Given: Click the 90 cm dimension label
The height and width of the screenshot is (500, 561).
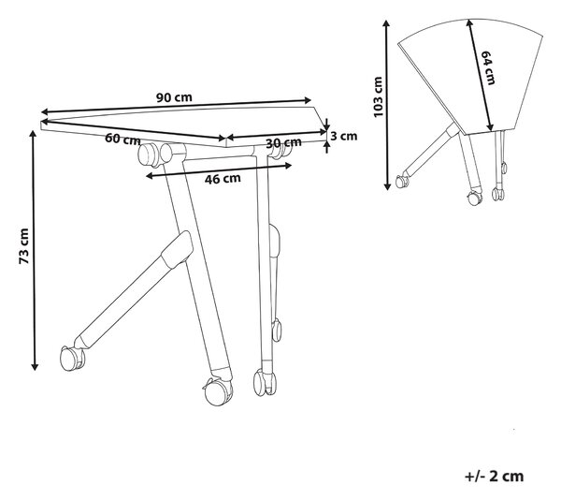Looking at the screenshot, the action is [x=174, y=96].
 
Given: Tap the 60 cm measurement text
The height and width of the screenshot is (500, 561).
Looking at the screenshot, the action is [x=122, y=139].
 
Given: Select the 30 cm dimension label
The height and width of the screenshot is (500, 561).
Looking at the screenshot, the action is [x=283, y=142].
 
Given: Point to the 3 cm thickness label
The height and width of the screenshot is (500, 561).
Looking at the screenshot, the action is [x=343, y=136].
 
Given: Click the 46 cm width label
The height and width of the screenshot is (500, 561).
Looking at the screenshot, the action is [x=223, y=178].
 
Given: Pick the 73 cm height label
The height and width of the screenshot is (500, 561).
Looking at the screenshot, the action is [x=24, y=246].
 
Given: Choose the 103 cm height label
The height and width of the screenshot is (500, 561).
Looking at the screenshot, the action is [x=378, y=96].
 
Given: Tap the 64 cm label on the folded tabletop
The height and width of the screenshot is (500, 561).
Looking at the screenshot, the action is [x=488, y=67].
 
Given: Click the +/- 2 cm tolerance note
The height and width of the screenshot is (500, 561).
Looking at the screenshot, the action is [x=494, y=476].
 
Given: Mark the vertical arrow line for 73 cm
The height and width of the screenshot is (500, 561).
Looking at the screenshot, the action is [x=34, y=250].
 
